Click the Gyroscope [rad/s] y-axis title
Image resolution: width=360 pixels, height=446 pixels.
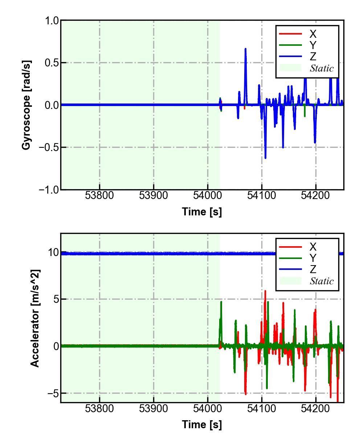click(x=26, y=105)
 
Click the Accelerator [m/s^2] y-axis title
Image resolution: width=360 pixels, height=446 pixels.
click(x=35, y=318)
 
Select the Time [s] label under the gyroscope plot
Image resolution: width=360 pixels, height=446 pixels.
click(x=202, y=211)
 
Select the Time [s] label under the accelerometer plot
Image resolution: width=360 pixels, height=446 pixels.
click(x=202, y=424)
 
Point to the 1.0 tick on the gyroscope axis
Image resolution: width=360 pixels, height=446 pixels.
click(x=52, y=21)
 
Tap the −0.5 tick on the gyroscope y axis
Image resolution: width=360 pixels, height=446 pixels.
click(x=49, y=147)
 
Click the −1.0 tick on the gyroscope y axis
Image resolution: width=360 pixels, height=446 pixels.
click(x=49, y=190)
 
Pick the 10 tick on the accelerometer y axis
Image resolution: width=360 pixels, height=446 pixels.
click(x=53, y=252)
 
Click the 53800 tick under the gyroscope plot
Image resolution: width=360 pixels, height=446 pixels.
click(x=99, y=196)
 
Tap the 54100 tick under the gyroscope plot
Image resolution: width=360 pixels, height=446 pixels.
click(x=262, y=196)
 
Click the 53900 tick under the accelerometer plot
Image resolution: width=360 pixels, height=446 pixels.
click(x=154, y=409)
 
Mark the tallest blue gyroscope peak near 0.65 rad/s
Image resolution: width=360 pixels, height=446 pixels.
click(x=245, y=49)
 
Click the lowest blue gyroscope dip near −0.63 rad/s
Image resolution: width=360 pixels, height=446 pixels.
click(x=265, y=158)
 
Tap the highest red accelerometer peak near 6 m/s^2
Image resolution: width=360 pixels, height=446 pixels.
click(x=265, y=291)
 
